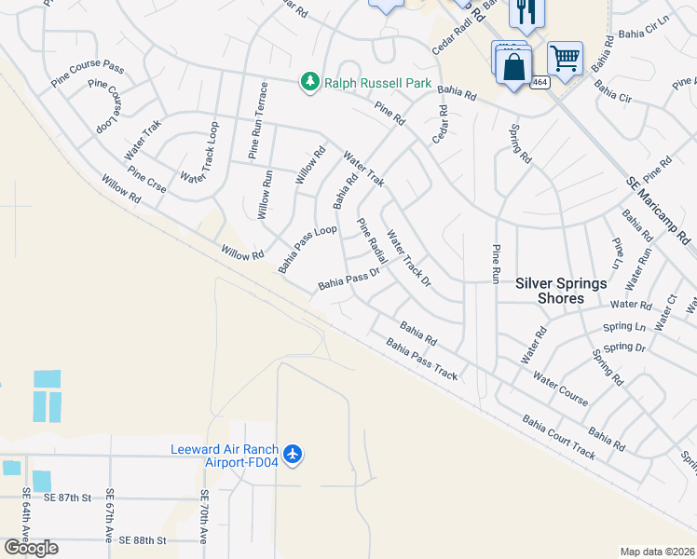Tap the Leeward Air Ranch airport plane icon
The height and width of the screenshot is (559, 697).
coord(293,454)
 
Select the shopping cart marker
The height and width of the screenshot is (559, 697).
coord(565,58)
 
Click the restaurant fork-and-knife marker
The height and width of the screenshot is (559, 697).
coord(521,12)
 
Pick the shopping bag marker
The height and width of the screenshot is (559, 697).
coord(513,66)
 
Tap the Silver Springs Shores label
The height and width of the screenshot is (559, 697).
coord(562,291)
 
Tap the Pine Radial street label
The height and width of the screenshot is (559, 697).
coord(372,239)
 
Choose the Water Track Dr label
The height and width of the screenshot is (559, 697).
coord(409,258)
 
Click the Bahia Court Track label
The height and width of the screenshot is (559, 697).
coord(559,438)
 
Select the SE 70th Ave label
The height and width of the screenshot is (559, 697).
coord(204,518)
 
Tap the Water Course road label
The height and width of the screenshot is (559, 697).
coord(560,389)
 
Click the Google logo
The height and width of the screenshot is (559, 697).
coord(32,548)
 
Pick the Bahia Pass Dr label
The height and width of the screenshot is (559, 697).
coord(349,279)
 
